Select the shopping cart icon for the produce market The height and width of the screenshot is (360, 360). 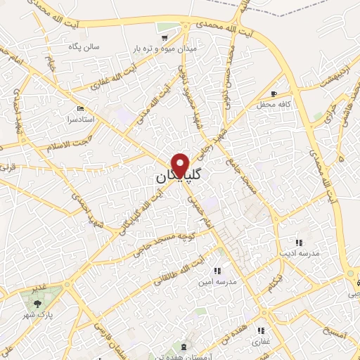165,37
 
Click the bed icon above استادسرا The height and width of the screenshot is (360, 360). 79,109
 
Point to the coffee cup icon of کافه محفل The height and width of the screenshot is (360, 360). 274,94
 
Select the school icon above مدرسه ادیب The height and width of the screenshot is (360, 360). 298,242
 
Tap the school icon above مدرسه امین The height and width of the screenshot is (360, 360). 217,270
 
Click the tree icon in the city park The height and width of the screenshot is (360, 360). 35,303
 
